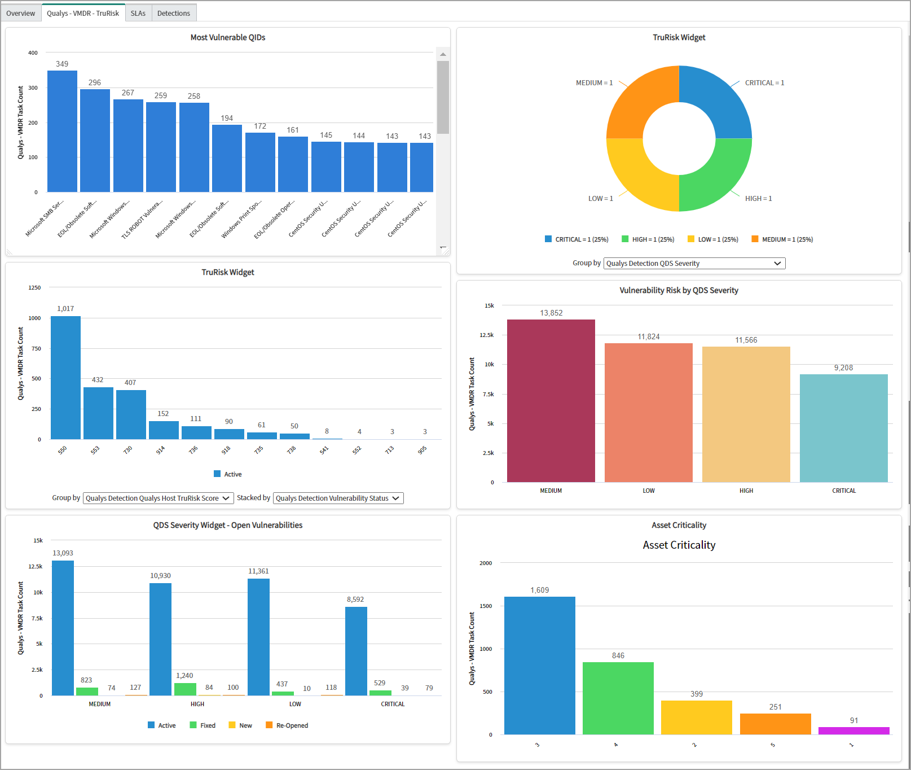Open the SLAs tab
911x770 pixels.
coord(138,13)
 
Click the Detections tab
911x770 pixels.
coord(174,13)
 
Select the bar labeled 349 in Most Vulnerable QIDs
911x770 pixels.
coord(62,131)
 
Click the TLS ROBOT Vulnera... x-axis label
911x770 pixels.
coord(142,218)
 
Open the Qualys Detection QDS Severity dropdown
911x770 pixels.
coord(694,263)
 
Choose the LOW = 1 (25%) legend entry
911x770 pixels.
coord(713,239)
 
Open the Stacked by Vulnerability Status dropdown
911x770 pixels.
coord(338,498)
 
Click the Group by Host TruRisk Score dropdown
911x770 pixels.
coord(158,498)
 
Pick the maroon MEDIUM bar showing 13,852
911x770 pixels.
coord(551,401)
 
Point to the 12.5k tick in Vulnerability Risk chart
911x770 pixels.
coord(486,335)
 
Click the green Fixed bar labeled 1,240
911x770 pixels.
coord(185,689)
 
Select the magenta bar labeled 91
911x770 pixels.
coord(853,730)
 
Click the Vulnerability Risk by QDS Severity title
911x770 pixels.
coord(679,290)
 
